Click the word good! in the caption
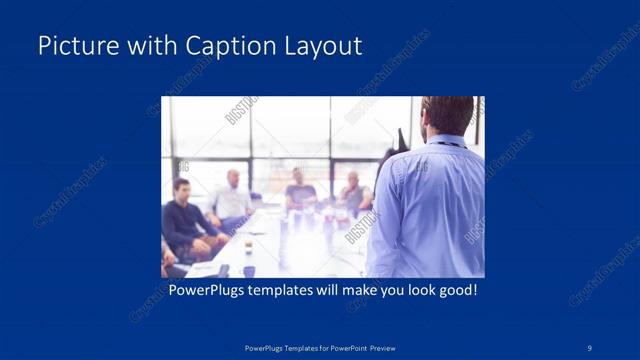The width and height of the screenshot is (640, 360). click(x=454, y=291)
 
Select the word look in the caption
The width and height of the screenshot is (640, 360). click(x=412, y=291)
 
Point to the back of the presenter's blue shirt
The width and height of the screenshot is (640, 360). click(x=430, y=210)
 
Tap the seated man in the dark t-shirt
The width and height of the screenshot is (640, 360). click(x=299, y=192)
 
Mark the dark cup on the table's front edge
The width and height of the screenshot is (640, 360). click(x=247, y=270)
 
